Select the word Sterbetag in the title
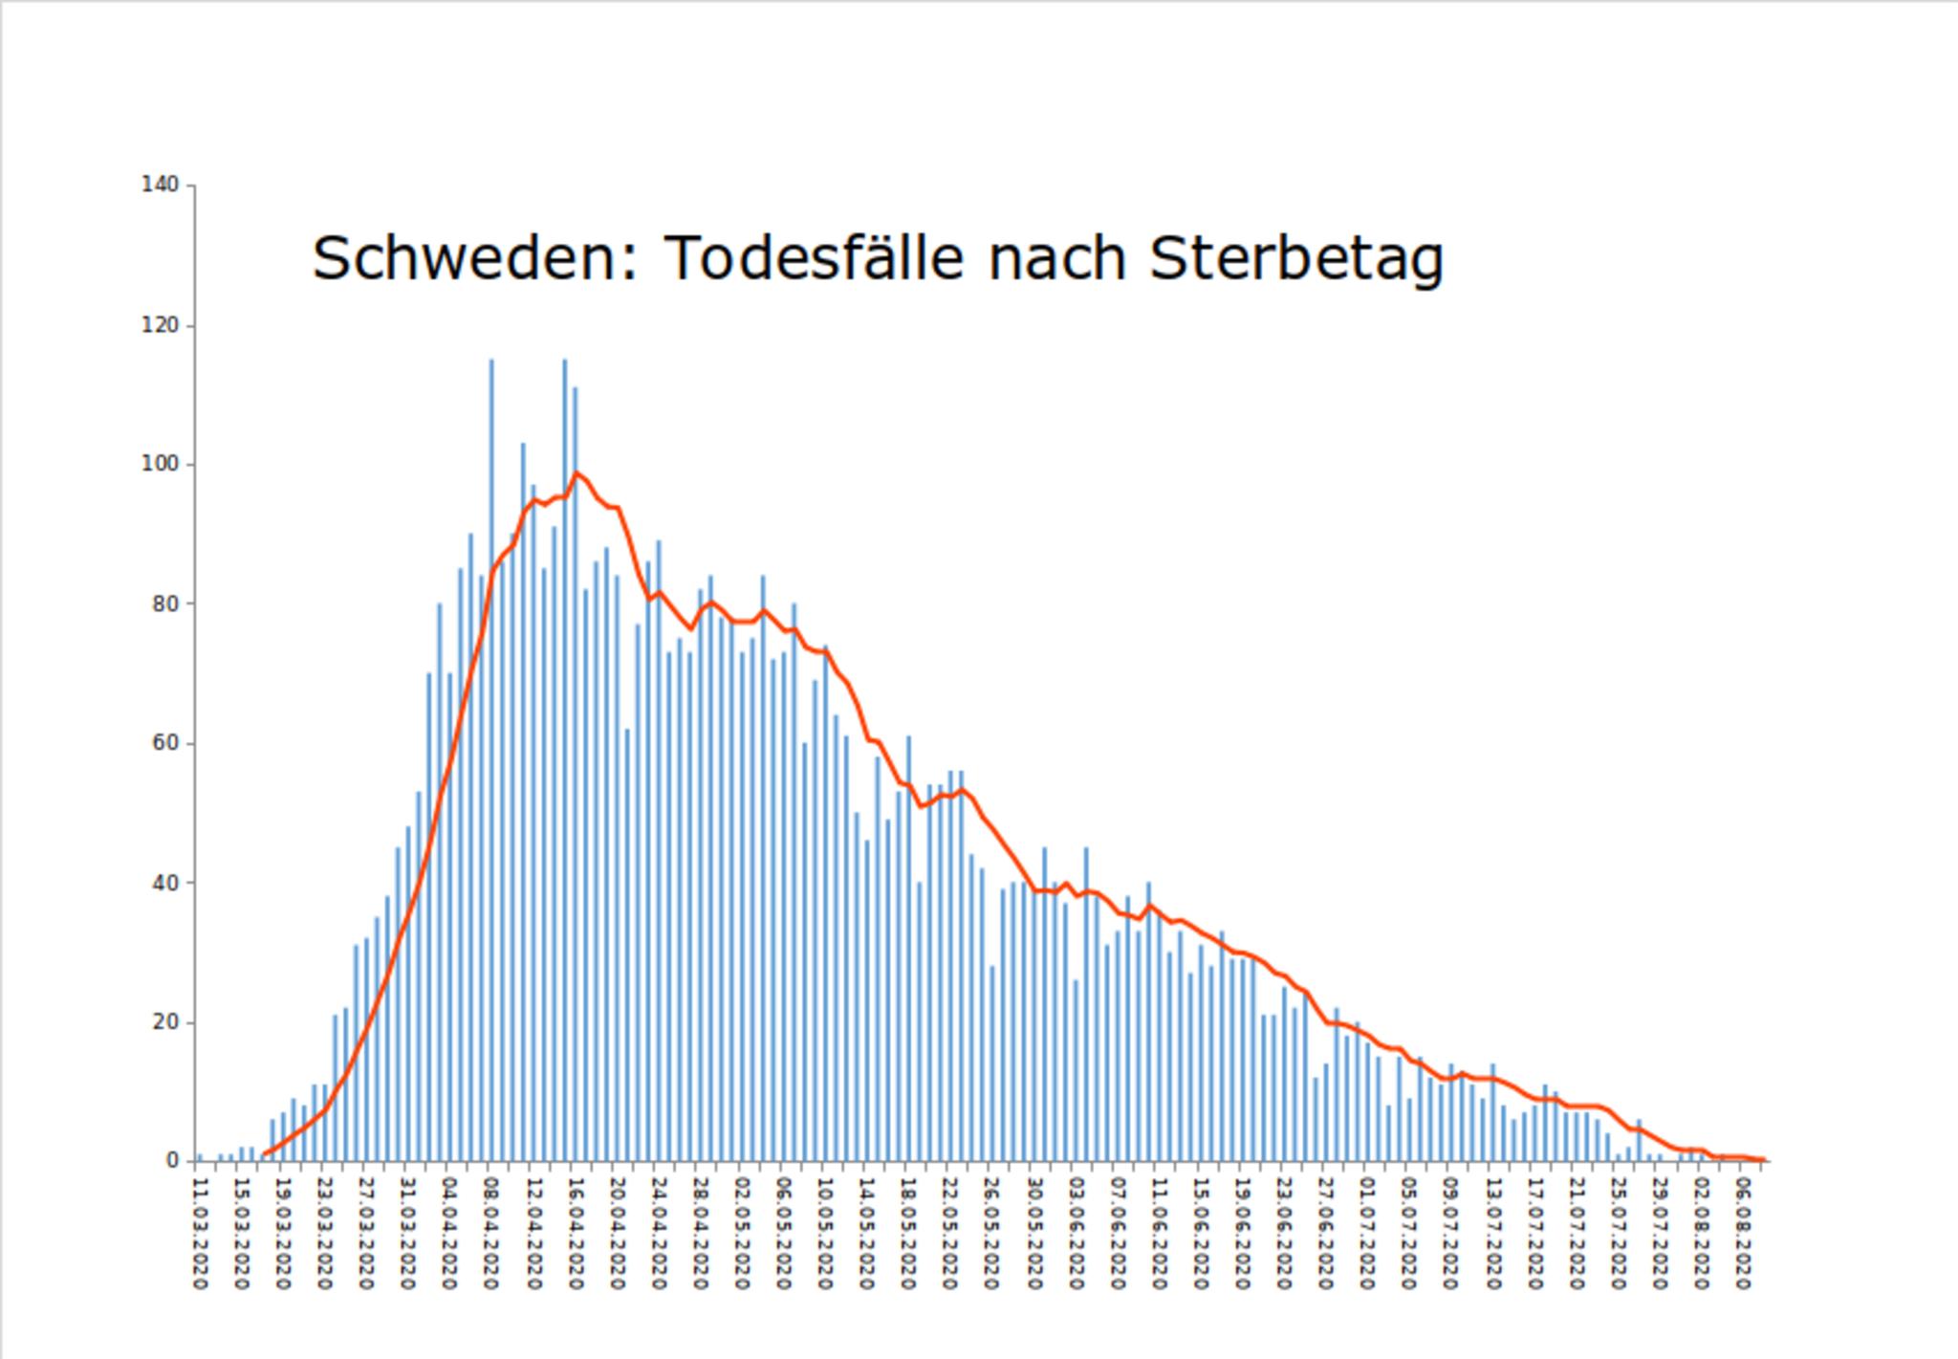(1295, 260)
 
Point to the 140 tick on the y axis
(160, 185)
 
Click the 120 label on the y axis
(160, 325)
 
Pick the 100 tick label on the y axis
(160, 464)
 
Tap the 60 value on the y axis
(164, 743)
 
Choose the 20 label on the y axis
(164, 1021)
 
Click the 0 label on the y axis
(172, 1160)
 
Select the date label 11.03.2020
(200, 1234)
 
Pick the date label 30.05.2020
(1034, 1234)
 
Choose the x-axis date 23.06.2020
(1284, 1234)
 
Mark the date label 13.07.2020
(1492, 1234)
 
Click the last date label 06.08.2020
(1743, 1234)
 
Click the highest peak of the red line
(576, 473)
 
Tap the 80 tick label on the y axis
(164, 603)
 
